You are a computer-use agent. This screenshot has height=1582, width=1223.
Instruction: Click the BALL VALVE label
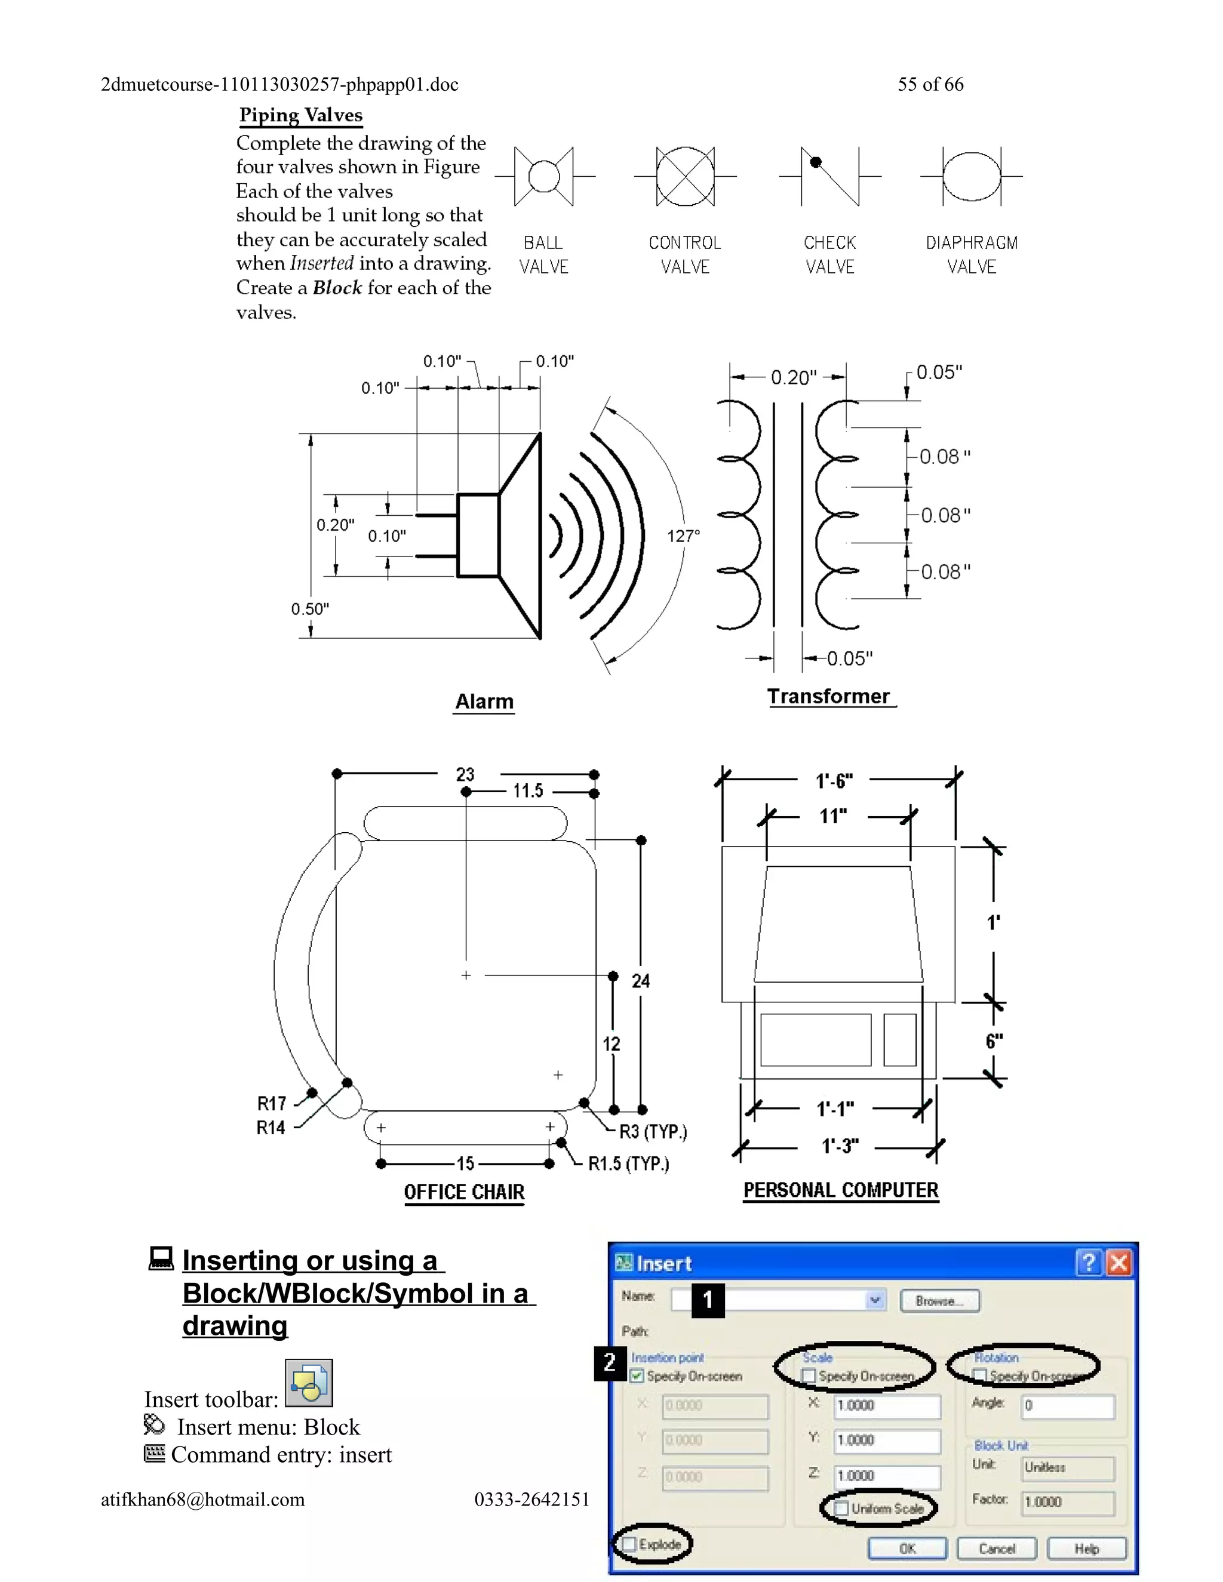543,254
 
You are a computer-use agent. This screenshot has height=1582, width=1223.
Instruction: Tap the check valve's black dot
816,162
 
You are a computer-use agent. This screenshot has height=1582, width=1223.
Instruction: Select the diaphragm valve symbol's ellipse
972,176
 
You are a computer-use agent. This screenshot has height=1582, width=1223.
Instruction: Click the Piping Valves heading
301,115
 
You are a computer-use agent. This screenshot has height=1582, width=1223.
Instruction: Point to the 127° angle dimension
683,536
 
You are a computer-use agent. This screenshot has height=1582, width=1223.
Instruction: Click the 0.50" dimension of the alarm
310,608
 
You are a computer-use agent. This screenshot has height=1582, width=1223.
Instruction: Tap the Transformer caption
828,696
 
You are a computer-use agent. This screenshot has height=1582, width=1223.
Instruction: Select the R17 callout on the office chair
272,1103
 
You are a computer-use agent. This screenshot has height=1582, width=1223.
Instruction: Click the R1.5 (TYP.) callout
628,1164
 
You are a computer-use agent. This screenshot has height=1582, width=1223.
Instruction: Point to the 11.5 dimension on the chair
527,791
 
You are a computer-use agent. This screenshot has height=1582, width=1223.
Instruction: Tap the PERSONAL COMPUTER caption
840,1190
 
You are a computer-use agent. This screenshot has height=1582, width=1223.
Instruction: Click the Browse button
939,1301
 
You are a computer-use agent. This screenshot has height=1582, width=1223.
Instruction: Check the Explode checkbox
629,1544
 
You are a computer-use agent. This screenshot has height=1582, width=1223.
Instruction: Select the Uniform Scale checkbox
842,1508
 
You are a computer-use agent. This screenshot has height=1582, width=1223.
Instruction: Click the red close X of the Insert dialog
1118,1263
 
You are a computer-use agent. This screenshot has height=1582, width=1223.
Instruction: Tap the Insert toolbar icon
309,1383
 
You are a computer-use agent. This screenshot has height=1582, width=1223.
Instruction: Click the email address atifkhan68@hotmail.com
203,1500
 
